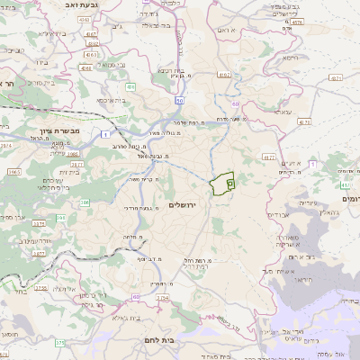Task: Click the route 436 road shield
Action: pyautogui.click(x=130, y=87)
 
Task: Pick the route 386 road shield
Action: pyautogui.click(x=61, y=217)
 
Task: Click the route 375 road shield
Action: pyautogui.click(x=59, y=342)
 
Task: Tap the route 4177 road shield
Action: pyautogui.click(x=268, y=157)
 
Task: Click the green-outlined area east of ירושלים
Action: pyautogui.click(x=222, y=183)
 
